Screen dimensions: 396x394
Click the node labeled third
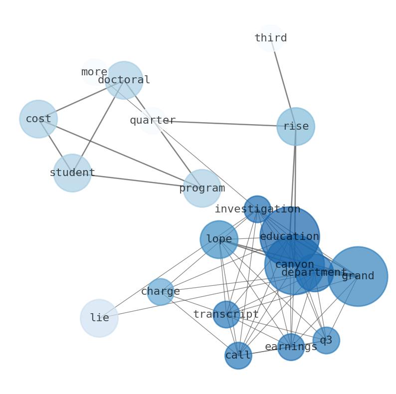coord(270,38)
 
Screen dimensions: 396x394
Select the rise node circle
coord(296,127)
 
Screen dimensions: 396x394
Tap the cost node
coord(38,119)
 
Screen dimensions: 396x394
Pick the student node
coord(72,173)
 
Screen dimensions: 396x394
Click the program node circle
coord(202,189)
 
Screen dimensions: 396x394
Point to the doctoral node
coord(124,80)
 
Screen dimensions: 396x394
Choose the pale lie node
coord(99,318)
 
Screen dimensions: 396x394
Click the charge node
coord(161,292)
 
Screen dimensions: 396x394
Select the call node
coord(238,356)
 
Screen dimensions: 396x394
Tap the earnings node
coord(291,347)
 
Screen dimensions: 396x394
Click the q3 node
coord(326,341)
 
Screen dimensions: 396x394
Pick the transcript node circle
coord(226,314)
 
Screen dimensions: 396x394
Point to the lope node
coord(219,239)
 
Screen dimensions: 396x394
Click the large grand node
coord(358,276)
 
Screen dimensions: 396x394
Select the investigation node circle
coord(257,209)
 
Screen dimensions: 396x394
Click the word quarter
coord(153,121)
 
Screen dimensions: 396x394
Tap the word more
coord(94,72)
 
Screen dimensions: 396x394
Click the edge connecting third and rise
coord(283,82)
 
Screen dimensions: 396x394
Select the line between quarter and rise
coord(224,124)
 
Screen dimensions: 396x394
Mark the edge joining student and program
coord(137,181)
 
